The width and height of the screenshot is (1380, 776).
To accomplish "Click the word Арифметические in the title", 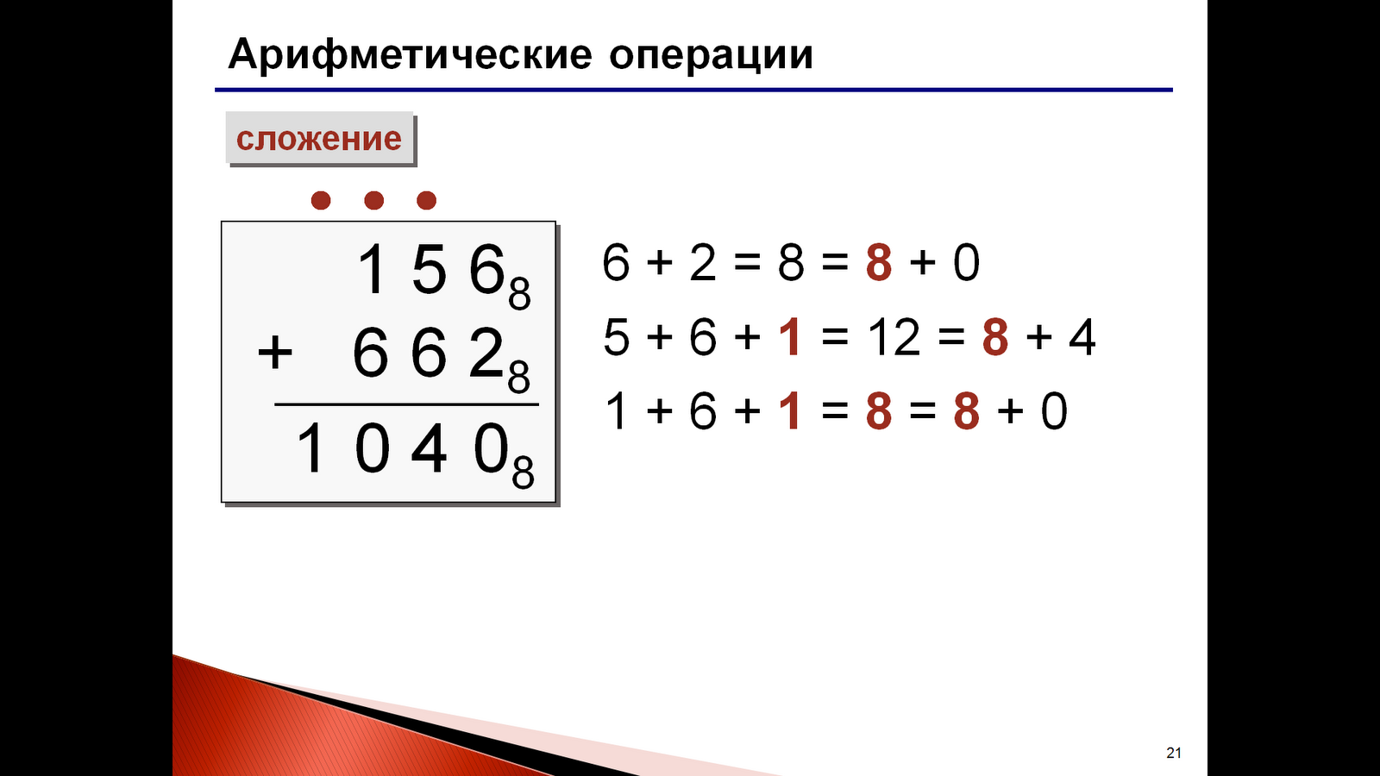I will coord(410,56).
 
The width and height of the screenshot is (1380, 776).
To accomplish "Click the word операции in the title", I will coord(711,56).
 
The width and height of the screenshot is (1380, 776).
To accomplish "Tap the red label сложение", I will coord(319,138).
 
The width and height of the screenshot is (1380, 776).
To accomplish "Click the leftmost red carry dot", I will coord(321,201).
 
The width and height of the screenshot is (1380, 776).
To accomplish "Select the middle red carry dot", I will coord(373,201).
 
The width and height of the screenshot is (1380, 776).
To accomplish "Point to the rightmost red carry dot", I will coord(426,201).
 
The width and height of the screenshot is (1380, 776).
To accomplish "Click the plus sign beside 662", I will coord(275,354).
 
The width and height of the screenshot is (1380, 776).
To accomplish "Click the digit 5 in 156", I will coord(429,270).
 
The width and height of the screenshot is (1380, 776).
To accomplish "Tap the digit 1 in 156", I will coord(372,270).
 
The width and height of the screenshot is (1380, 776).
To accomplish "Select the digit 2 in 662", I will coord(486,354).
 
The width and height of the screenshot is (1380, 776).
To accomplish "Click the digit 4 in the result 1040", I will coord(429,449).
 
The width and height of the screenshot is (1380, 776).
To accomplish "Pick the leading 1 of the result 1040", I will coord(310,449).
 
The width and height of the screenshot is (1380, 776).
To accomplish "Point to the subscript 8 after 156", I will coord(519,295).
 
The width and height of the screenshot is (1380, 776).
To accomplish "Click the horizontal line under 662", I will coord(406,404).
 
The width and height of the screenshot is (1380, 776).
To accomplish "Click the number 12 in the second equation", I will coord(894,337).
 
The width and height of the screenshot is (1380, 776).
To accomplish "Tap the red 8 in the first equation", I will coord(878,263).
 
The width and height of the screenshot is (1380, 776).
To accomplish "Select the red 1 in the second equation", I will coord(790,337).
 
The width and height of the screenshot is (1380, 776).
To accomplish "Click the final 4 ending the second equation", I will coord(1082,337).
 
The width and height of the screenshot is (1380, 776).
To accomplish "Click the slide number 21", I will coord(1174,753).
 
